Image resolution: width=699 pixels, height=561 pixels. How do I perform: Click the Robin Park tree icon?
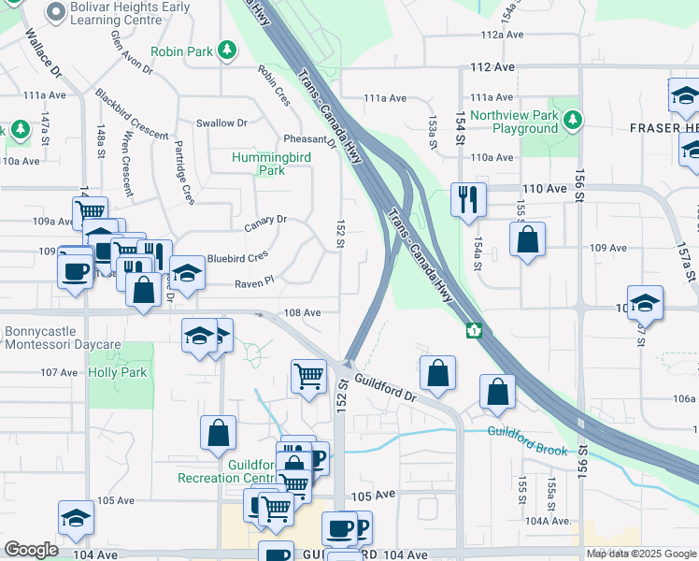(226, 50)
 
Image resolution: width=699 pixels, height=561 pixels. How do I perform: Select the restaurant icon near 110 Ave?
(465, 199)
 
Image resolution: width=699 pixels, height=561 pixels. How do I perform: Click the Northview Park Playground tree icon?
(573, 121)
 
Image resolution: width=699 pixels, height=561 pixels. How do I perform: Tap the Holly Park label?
(118, 372)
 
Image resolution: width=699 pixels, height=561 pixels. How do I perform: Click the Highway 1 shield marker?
(475, 330)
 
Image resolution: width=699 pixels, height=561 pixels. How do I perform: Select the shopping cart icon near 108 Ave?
(307, 377)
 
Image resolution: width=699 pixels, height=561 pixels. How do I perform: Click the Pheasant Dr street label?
(309, 140)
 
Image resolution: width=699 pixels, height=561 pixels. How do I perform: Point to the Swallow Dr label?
(221, 122)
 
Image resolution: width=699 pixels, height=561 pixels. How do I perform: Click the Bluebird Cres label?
(236, 255)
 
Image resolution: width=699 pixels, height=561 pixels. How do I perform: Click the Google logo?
(31, 550)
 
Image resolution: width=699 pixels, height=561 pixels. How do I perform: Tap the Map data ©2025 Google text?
(639, 554)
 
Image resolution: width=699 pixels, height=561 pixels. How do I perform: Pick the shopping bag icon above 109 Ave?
(528, 238)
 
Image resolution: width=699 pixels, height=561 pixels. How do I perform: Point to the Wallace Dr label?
(43, 56)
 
